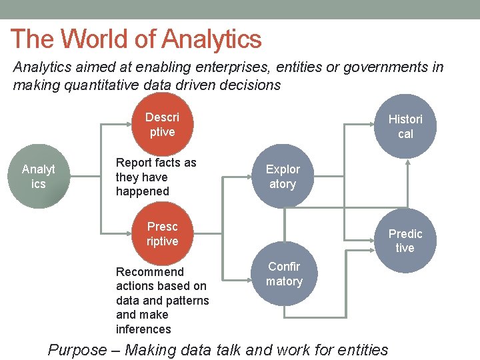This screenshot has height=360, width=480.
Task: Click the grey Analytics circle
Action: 39,176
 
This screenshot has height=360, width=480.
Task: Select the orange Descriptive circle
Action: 162,125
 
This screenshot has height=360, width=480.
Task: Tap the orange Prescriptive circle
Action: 162,234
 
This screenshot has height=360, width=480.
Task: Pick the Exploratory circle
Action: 283,177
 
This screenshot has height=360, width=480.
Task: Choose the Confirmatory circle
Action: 284,274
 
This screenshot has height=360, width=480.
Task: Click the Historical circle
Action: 405,127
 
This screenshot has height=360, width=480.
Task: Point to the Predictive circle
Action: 405,241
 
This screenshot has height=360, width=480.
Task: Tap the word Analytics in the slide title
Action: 211,39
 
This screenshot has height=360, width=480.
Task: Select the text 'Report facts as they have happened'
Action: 156,177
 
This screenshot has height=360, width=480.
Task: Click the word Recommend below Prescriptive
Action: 149,272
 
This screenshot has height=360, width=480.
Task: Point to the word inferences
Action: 143,329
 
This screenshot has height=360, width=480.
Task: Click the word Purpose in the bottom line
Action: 77,350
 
